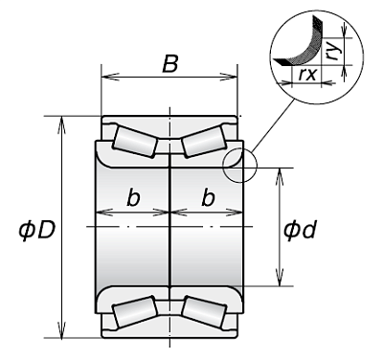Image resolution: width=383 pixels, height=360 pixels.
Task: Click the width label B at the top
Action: (169, 64)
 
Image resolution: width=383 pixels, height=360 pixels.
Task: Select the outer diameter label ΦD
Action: (37, 230)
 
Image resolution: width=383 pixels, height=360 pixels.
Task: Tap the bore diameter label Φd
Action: (301, 230)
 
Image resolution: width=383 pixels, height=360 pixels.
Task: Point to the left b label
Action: (133, 197)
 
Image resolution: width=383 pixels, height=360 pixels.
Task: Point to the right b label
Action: (208, 197)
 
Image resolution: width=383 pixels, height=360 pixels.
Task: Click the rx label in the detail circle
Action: (307, 74)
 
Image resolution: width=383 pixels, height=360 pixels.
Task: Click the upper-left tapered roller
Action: (135, 142)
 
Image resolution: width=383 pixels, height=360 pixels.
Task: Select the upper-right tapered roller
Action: (204, 141)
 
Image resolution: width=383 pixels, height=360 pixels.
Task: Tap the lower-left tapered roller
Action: (135, 311)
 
